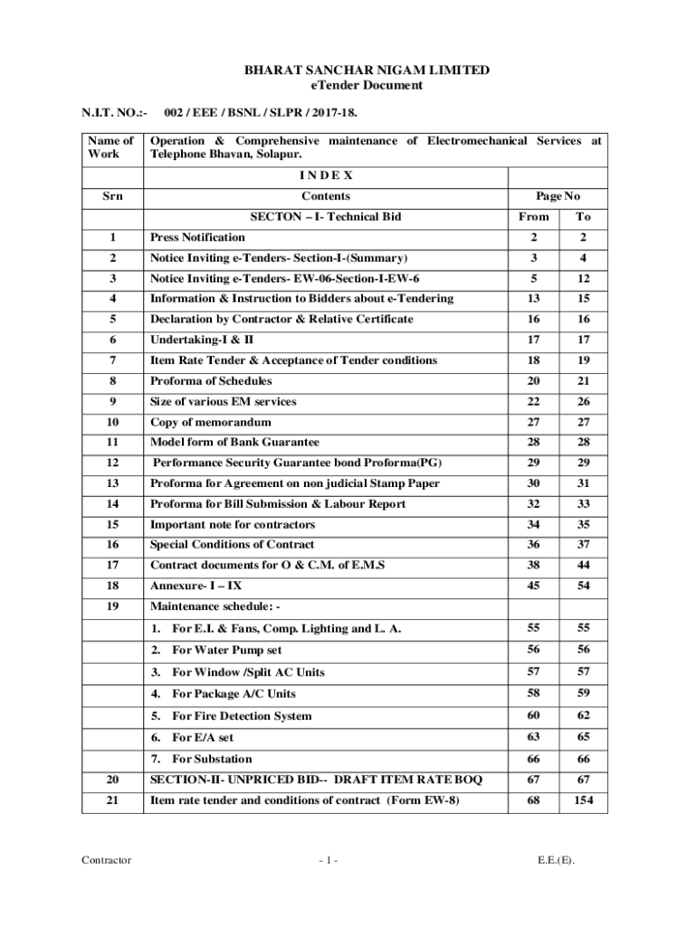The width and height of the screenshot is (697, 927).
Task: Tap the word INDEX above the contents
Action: [x=327, y=175]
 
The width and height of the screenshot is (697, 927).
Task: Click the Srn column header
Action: [x=112, y=196]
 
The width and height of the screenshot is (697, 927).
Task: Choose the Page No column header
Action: [x=559, y=196]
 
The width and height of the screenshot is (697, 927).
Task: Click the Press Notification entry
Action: [x=197, y=237]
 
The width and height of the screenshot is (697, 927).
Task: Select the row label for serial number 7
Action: [x=112, y=360]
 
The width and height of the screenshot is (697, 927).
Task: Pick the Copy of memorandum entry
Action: [x=210, y=422]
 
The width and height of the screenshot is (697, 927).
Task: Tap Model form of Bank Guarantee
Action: [x=234, y=442]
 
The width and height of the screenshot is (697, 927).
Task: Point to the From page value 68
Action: [x=533, y=800]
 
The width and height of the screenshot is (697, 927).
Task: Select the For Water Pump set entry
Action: [x=227, y=650]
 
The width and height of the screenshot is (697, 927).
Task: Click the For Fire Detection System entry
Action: [x=242, y=715]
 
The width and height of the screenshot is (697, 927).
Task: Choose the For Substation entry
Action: [x=212, y=759]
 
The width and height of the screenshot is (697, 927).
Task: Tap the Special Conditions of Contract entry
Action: [x=232, y=545]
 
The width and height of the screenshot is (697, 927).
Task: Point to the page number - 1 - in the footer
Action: [x=327, y=860]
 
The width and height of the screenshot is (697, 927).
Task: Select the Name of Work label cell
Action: [x=112, y=148]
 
